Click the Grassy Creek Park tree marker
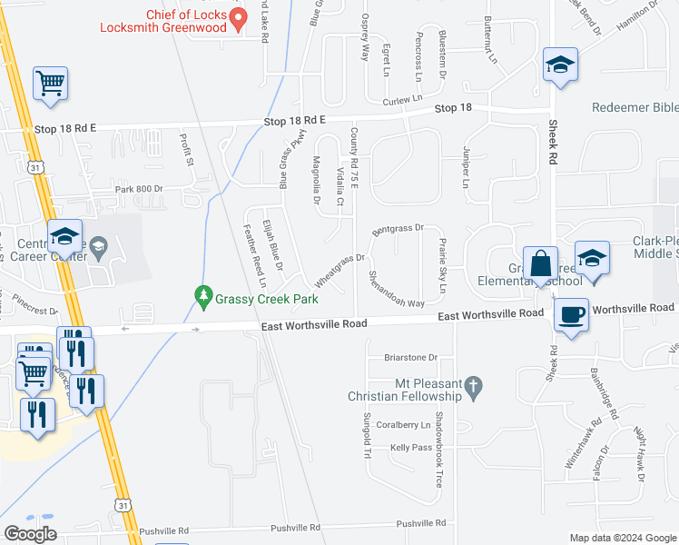(203, 295)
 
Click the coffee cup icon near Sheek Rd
(571, 315)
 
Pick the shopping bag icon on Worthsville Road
(540, 264)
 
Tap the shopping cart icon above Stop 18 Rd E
(51, 84)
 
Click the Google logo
(30, 534)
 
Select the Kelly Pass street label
(411, 448)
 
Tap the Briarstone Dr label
(410, 357)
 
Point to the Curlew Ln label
(403, 100)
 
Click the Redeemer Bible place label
(635, 107)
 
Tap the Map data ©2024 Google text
(623, 538)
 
